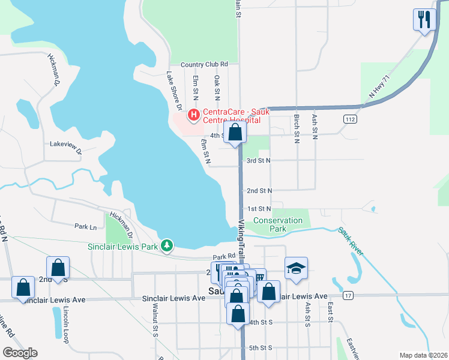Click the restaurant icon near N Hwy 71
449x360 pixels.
click(x=424, y=19)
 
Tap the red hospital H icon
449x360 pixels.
click(x=194, y=114)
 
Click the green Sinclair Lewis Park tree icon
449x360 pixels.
click(x=169, y=245)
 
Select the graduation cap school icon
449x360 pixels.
click(x=296, y=268)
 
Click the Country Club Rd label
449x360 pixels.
click(x=204, y=64)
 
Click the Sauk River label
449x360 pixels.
click(x=351, y=241)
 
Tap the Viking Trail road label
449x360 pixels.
click(x=241, y=238)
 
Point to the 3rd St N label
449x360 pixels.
click(x=259, y=161)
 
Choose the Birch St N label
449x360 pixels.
click(x=297, y=128)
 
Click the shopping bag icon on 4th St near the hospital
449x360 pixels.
click(x=235, y=133)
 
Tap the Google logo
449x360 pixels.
click(x=20, y=353)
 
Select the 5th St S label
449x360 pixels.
click(x=261, y=348)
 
